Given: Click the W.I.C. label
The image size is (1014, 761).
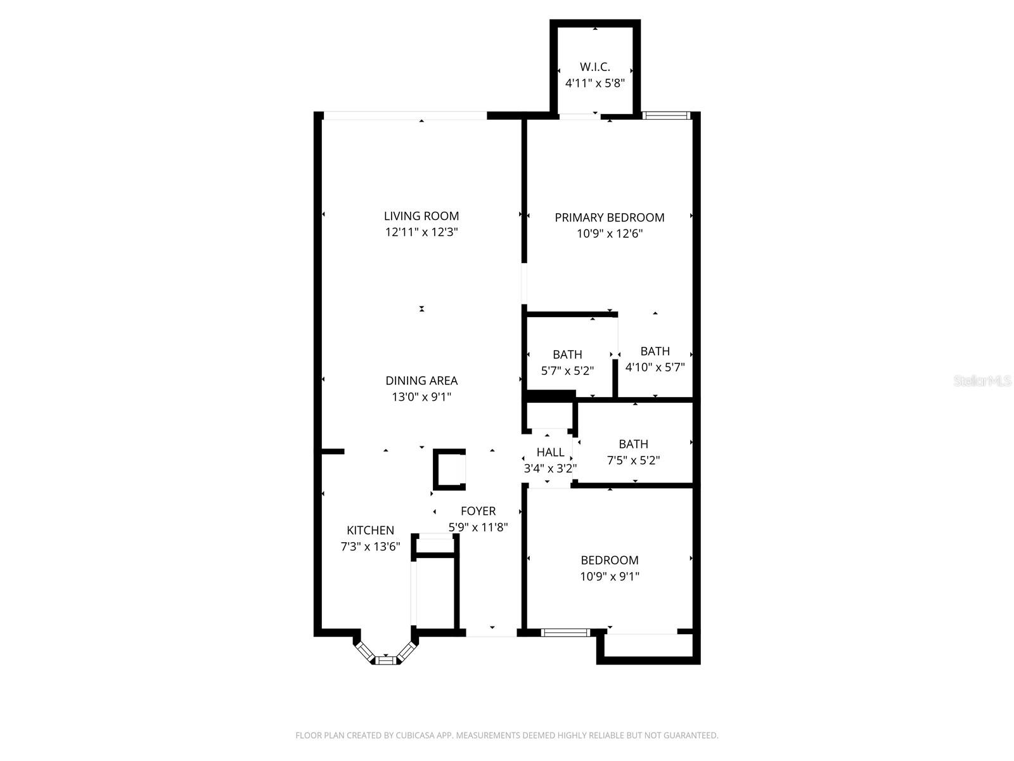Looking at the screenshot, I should click(595, 67).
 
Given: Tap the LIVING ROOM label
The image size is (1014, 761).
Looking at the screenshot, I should click(421, 216).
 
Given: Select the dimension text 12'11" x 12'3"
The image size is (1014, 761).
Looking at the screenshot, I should click(421, 232).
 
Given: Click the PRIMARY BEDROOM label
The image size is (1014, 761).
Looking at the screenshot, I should click(610, 218).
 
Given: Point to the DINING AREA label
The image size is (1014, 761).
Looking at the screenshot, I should click(421, 381).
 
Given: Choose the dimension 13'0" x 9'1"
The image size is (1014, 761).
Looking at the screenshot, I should click(421, 397).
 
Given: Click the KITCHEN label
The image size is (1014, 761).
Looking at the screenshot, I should click(370, 531).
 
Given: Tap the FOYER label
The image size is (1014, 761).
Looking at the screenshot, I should click(478, 511).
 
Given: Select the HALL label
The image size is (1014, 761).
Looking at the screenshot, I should click(550, 453).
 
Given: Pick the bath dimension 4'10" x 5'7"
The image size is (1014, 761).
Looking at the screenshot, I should click(655, 367).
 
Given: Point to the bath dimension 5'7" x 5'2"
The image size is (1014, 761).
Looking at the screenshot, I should click(567, 371).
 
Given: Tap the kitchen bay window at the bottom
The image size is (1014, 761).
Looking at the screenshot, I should click(385, 660).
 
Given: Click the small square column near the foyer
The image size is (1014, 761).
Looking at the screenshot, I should click(449, 470).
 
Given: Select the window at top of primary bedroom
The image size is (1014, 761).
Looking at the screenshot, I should click(665, 115).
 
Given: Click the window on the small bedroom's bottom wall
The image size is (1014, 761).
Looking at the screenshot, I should click(565, 632).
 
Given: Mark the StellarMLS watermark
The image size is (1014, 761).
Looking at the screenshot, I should click(982, 381).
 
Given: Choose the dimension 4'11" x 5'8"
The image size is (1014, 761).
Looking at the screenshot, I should click(595, 83).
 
